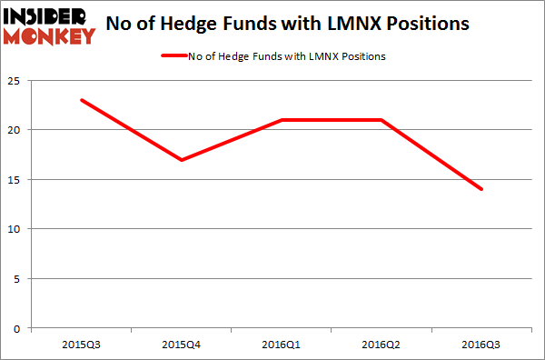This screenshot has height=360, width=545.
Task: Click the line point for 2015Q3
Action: [x=83, y=100]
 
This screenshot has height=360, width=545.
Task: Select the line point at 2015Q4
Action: [x=183, y=160]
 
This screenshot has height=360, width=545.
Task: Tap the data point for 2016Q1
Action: [x=282, y=120]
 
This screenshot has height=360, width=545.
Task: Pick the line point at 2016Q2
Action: [x=381, y=120]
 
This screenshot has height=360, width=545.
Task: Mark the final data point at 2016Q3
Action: [x=481, y=189]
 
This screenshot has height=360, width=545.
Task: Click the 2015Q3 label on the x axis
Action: [x=83, y=344]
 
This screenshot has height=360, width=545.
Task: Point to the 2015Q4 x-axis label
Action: [x=183, y=344]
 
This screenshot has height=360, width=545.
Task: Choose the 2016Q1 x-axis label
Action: [x=282, y=344]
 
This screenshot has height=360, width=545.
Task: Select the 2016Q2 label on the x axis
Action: [x=381, y=344]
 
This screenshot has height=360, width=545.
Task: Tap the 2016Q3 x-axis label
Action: [x=481, y=344]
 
